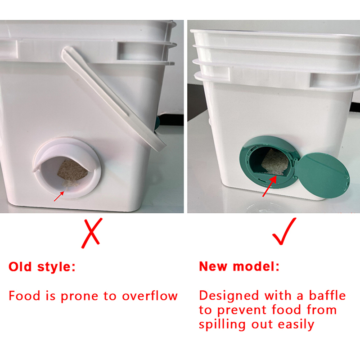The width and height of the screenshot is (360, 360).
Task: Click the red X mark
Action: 92,233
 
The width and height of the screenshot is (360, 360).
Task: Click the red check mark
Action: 284,231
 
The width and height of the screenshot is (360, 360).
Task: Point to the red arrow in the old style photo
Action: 59,196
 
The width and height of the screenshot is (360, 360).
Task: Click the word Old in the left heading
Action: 20,267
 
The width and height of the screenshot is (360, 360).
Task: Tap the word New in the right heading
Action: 213,266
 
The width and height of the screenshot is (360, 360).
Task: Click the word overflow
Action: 150,296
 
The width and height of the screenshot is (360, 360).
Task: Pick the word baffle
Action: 327,295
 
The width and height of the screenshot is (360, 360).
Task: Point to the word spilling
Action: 222,324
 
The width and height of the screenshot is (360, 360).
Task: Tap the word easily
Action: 296,324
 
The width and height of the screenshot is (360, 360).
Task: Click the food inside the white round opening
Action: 72,171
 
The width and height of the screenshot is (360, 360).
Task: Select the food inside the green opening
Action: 275,162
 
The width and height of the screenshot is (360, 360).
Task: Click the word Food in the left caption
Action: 25,296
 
